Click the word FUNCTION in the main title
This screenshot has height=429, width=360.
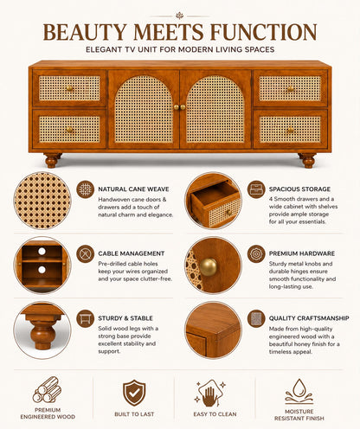263,32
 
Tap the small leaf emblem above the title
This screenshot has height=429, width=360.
180,16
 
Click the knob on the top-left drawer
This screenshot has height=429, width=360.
69,88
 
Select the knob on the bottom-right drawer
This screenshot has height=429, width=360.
290,130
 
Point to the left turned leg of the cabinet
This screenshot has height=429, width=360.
52,160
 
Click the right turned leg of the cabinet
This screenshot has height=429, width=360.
307,160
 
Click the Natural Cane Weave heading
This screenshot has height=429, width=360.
133,189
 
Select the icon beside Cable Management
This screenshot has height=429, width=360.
86,254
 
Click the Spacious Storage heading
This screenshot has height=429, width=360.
299,189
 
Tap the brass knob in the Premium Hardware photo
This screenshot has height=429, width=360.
208,266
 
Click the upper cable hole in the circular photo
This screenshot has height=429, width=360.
42,251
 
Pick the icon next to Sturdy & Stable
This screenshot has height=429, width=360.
86,318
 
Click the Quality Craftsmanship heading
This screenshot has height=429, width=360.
309,318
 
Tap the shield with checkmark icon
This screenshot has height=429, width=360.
134,393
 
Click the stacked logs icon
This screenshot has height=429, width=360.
47,390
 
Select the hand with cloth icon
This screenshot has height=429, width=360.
209,393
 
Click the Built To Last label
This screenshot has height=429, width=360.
134,414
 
